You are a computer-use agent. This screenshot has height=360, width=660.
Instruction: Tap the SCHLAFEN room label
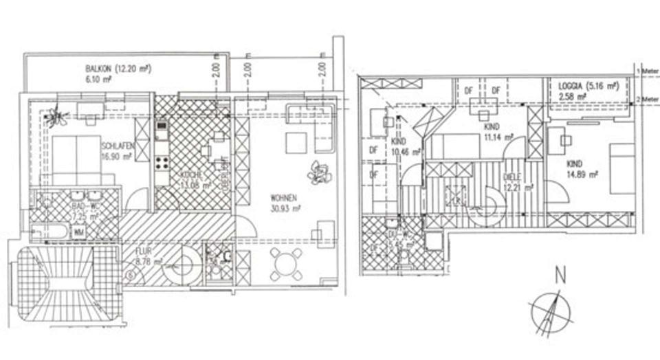[116, 147]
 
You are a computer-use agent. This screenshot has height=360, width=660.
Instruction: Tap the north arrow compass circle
[551, 311]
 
